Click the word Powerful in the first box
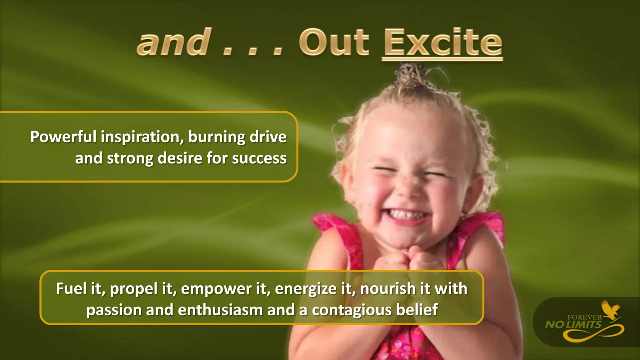63,137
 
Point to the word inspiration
142,137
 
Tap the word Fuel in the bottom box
71,288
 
